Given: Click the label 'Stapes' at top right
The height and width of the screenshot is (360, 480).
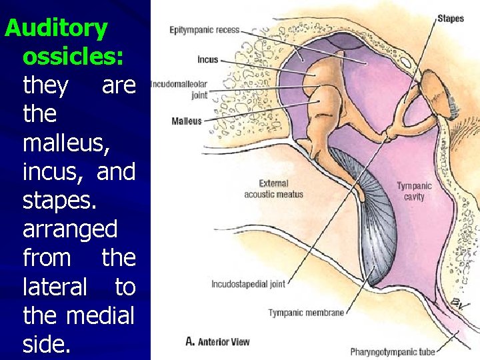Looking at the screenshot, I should coord(450,18).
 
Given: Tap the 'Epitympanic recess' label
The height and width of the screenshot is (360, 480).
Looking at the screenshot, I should coord(204,30).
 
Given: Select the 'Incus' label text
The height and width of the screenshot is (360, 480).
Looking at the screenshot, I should coord(207,59).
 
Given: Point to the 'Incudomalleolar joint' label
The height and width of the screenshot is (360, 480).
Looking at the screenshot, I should coord(180,90).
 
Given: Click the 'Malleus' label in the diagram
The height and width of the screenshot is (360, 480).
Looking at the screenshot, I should coord(186,121).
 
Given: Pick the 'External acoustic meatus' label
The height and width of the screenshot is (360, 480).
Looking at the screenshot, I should coord(273,189).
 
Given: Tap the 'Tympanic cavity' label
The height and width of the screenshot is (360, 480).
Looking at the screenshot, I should coord(414,191).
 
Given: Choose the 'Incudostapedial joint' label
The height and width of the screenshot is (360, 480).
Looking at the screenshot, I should coord(248,284).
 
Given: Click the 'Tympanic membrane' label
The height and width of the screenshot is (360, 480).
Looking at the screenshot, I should coord(306,313).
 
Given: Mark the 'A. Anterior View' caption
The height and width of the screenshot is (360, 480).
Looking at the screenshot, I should coord(217,342).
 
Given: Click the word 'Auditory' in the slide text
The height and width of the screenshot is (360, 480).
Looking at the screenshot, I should coord(56,28).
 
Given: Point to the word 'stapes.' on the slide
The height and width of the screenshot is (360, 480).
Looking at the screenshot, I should coord(61,200).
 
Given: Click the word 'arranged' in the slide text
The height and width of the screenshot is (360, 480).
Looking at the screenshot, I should coord(70,229).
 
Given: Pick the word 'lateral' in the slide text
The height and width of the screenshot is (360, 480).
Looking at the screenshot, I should coord(55,287).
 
